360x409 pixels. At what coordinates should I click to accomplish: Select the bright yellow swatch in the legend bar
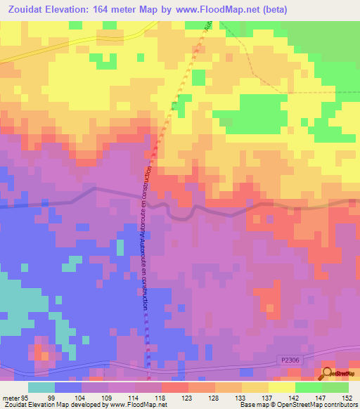[x=281, y=387]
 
